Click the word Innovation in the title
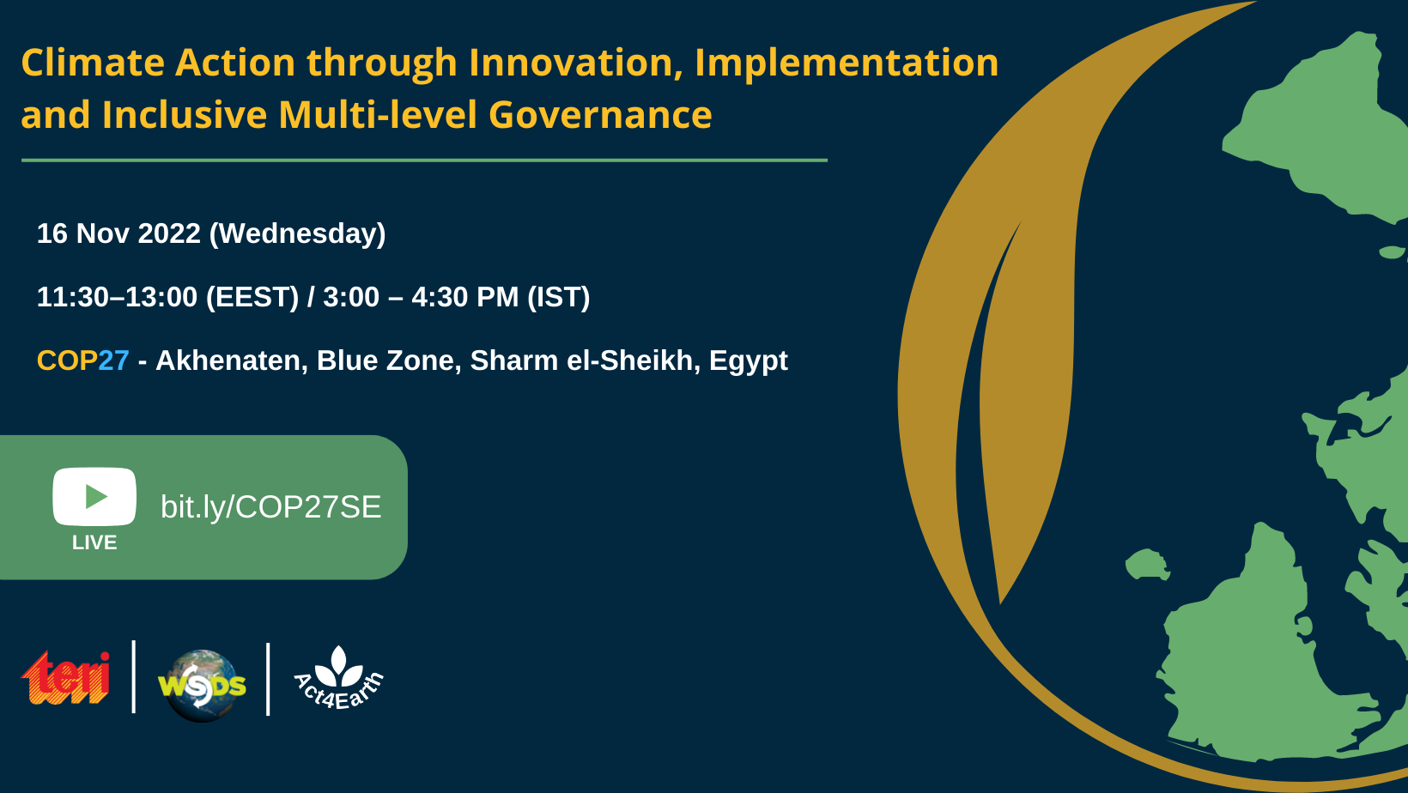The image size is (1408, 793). (576, 63)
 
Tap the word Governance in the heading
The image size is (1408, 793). (600, 115)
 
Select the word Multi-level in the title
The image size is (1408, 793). (378, 115)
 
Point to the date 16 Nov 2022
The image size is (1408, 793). (118, 233)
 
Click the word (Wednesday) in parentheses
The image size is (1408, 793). (297, 234)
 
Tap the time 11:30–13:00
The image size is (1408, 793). (117, 297)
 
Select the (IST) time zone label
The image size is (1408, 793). (559, 297)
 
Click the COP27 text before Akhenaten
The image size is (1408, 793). (83, 360)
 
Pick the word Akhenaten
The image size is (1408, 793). (231, 360)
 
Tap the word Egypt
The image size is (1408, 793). (749, 361)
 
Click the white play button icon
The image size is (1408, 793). (94, 496)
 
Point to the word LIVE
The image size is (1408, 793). (94, 543)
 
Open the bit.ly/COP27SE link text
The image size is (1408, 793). (271, 506)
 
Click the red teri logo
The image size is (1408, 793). (66, 678)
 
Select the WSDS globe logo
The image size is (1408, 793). (202, 686)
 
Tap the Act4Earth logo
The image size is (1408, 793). (339, 678)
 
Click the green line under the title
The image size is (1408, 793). (424, 160)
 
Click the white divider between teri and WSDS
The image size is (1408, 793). (134, 677)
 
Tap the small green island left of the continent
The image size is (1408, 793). (1147, 564)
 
